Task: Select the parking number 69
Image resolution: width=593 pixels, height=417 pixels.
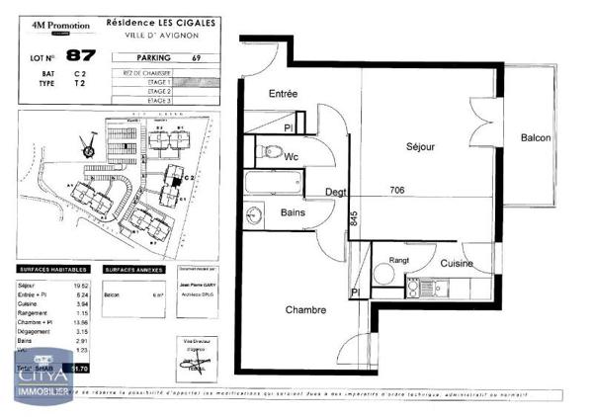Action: (x=197, y=56)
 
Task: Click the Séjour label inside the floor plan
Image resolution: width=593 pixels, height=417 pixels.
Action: (x=420, y=146)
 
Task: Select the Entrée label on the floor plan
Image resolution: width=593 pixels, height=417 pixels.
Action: (x=284, y=94)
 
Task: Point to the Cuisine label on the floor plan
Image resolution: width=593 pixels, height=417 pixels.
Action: (x=457, y=264)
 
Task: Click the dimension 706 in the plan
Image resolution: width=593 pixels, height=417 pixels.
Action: (x=396, y=190)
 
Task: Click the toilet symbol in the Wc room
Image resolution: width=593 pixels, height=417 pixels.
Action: (x=270, y=153)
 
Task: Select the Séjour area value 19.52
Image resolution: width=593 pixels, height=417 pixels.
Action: (x=82, y=285)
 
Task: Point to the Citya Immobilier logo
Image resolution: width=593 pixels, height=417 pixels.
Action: (x=40, y=379)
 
